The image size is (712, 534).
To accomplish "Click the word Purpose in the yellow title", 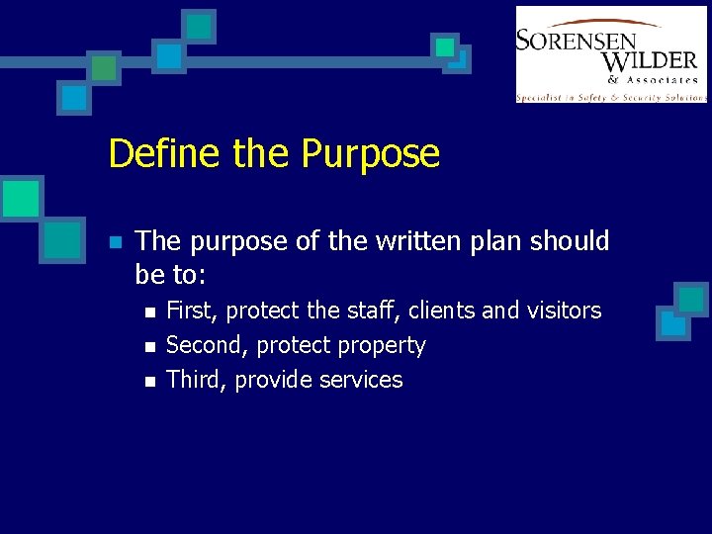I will [x=370, y=154].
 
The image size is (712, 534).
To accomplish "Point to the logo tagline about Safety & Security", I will [x=611, y=97].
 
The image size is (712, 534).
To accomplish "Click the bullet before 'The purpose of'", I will [x=115, y=242].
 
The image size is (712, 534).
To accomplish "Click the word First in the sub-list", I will [x=192, y=311].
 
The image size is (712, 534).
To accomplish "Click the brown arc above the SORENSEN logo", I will [x=593, y=23].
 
